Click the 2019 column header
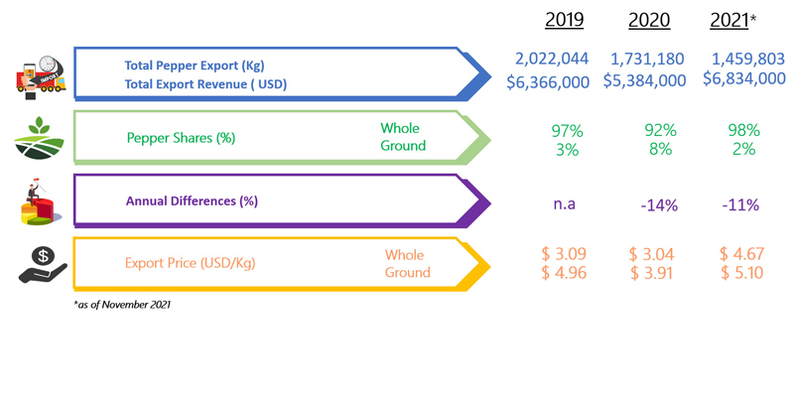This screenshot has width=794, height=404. point(564,21)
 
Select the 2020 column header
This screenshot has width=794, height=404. point(648,21)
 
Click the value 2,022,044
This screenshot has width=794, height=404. point(552,59)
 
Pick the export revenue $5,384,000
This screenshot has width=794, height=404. point(644,79)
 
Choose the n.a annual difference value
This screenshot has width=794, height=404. point(565,204)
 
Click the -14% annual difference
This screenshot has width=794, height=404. point(659,205)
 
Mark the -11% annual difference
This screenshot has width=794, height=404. point(740,205)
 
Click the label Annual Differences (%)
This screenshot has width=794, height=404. point(192,201)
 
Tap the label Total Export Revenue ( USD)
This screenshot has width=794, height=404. point(205,84)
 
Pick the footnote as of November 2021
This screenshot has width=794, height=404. point(121,304)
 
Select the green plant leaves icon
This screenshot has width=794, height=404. point(40,130)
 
